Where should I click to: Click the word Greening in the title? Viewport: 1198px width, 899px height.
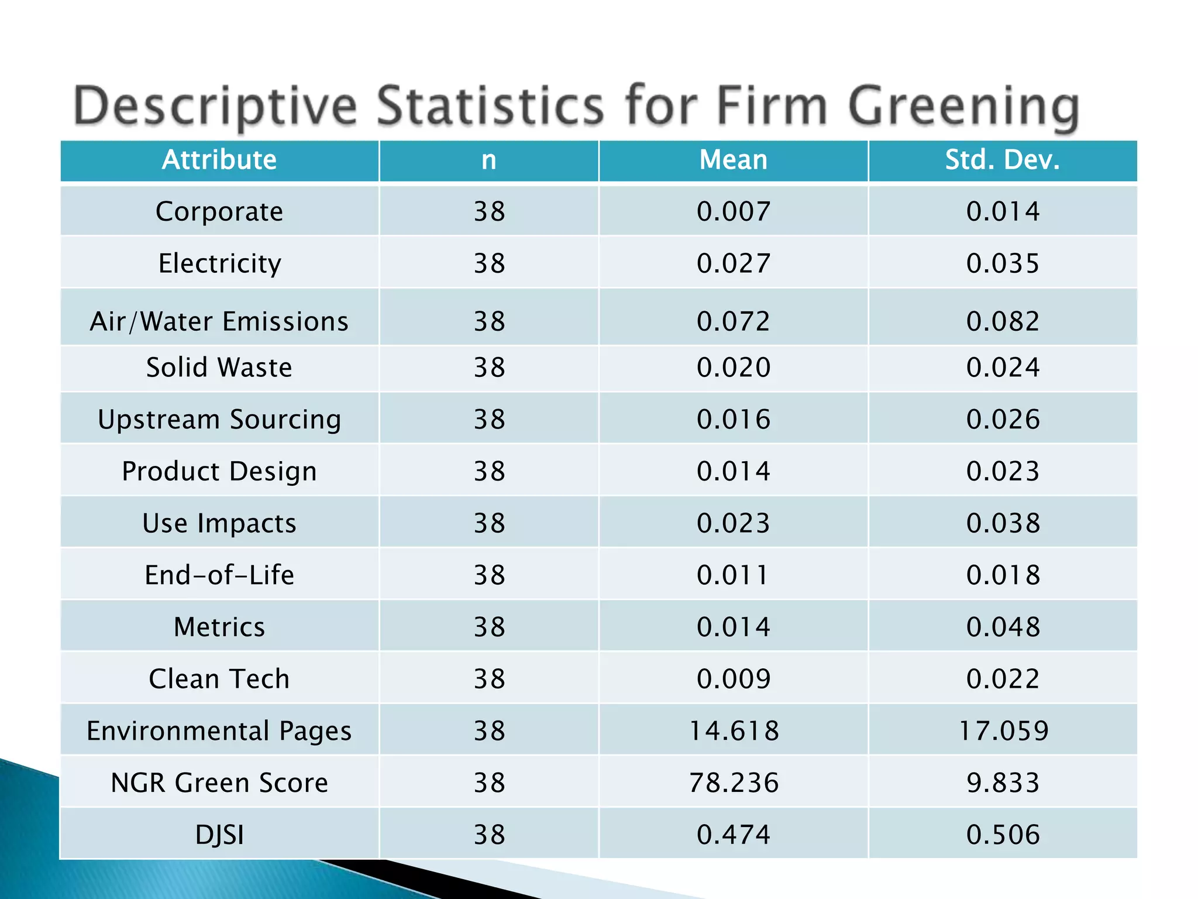tap(963, 107)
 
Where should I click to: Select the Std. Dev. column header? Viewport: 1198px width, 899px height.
tap(1003, 160)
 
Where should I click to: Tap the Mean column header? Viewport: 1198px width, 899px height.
tap(733, 160)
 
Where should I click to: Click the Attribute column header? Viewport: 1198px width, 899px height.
tap(219, 160)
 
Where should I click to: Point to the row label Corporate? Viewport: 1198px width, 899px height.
tap(219, 211)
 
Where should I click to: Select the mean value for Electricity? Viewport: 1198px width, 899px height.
tap(733, 263)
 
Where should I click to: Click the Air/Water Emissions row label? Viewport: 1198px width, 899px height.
tap(219, 321)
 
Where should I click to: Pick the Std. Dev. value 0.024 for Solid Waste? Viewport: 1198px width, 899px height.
tap(1003, 368)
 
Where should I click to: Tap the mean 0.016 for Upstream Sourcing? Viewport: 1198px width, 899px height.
tap(733, 420)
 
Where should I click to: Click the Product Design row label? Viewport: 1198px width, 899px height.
tap(219, 471)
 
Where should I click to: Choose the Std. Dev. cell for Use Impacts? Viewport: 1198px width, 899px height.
tap(1003, 523)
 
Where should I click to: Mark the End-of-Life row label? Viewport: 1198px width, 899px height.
tap(219, 575)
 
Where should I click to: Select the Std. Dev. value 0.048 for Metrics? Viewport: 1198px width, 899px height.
tap(1003, 627)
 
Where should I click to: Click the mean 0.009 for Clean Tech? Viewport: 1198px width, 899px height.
tap(733, 679)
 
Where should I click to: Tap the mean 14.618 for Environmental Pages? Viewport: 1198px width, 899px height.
tap(733, 731)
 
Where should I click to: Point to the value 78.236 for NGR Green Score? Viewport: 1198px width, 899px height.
tap(733, 783)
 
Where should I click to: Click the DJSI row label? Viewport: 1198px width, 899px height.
tap(219, 835)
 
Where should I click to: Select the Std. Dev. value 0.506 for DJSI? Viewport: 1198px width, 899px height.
tap(1003, 835)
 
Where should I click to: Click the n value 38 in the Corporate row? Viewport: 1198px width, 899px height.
tap(489, 211)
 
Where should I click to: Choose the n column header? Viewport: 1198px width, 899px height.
tap(489, 160)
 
